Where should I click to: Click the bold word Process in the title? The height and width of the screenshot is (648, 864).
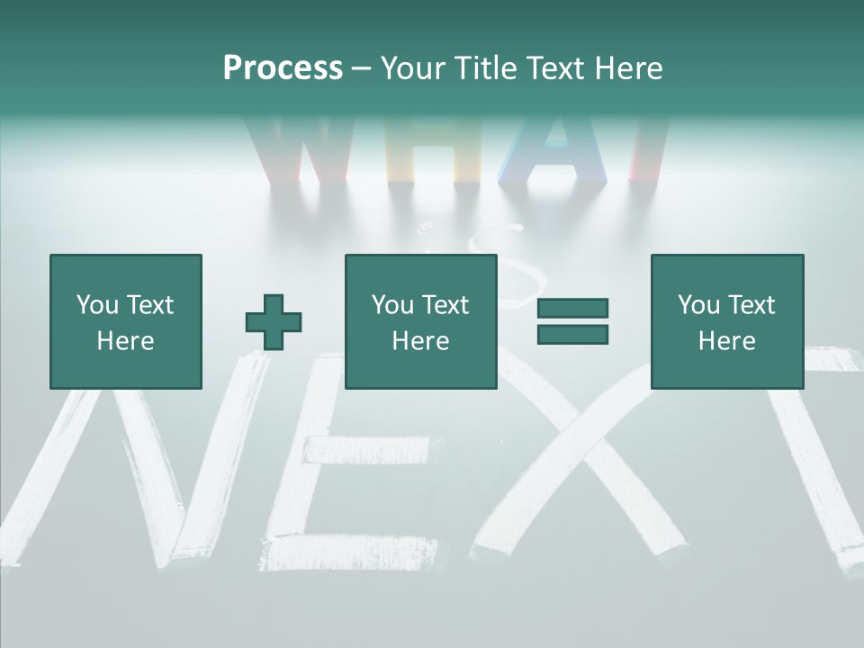click(283, 68)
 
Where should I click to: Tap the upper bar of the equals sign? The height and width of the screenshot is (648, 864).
click(572, 308)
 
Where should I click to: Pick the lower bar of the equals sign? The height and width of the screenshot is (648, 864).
click(572, 334)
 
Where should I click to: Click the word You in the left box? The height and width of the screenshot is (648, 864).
click(97, 305)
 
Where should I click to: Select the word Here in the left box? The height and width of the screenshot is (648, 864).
click(125, 341)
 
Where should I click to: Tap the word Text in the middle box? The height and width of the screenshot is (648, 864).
click(445, 305)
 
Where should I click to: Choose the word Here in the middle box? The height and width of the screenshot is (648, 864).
click(420, 341)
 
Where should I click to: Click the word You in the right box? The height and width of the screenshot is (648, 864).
click(698, 305)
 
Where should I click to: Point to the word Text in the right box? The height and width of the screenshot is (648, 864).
click(751, 305)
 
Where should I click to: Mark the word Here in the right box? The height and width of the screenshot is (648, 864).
click(726, 341)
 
